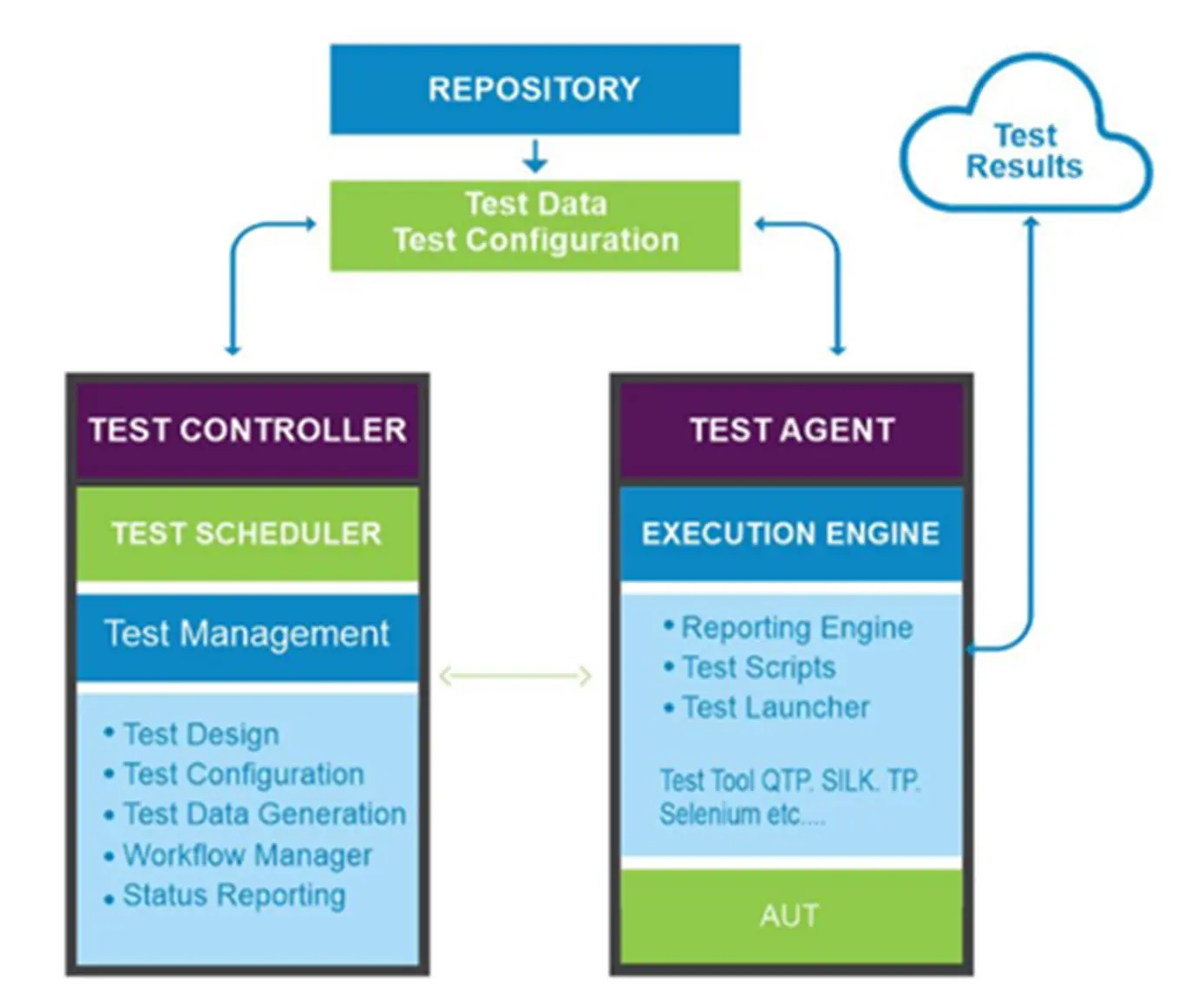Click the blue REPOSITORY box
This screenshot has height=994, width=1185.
point(534,89)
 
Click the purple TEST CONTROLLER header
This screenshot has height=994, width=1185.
point(247,430)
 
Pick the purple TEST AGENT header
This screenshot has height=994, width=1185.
point(791,430)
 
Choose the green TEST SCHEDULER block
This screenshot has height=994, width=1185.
point(247,533)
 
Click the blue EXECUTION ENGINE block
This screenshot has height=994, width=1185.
point(791,533)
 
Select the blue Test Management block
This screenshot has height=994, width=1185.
point(247,634)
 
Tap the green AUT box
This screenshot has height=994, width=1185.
point(789,916)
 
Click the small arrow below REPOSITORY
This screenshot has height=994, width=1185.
point(535,157)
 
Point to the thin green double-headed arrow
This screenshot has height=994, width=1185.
point(515,676)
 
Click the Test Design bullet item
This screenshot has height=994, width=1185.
point(201,735)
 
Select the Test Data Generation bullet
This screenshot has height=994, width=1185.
point(265,814)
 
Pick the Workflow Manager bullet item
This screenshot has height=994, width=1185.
point(247,855)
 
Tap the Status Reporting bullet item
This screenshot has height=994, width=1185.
point(234,895)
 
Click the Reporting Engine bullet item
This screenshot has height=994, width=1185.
point(796,627)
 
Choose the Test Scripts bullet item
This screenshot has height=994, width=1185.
point(758,667)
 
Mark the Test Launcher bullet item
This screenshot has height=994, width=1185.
point(776,708)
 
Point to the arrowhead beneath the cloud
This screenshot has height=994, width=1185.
point(1031,222)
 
